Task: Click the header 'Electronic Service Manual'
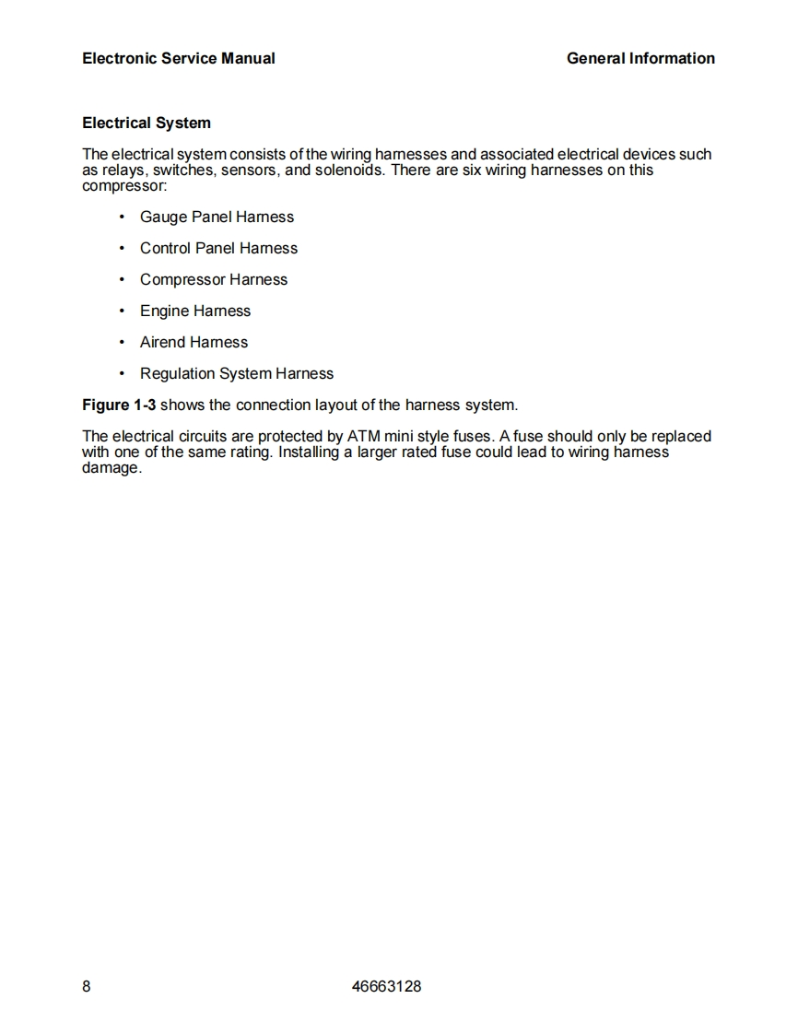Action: click(x=178, y=58)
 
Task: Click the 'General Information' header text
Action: click(x=640, y=58)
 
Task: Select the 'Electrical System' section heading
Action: click(x=147, y=123)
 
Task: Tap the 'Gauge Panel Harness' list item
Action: click(x=217, y=217)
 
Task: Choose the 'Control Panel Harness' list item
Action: click(x=218, y=248)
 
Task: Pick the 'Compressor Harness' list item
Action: click(x=214, y=279)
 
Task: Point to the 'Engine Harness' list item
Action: click(x=195, y=311)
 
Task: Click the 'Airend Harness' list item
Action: click(x=194, y=342)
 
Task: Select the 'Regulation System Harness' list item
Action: click(x=237, y=373)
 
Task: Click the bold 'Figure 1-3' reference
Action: click(x=119, y=405)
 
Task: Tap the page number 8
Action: click(x=87, y=986)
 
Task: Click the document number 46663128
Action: click(x=387, y=986)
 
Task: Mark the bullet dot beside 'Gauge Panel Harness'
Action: click(x=122, y=217)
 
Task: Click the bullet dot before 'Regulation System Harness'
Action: click(x=122, y=373)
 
